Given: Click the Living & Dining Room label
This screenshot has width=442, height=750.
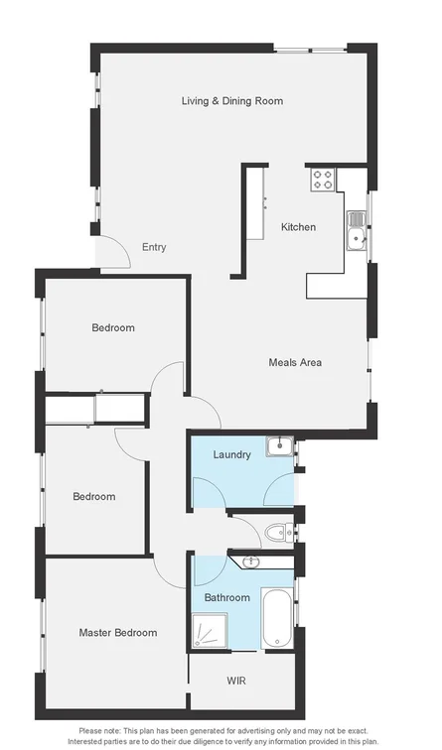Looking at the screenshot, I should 231,100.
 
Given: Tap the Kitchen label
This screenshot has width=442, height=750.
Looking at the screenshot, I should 298,227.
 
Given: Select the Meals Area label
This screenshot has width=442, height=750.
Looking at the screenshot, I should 295,362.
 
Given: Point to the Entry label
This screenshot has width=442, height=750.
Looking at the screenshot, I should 154,247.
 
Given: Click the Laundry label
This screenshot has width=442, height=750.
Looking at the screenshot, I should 231,454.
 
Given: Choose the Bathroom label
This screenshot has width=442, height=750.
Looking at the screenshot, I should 226,598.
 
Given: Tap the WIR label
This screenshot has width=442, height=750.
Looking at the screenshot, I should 237,682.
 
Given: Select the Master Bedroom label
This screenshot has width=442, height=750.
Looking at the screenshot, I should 118,632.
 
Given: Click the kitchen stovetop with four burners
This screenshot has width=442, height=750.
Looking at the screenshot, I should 323,180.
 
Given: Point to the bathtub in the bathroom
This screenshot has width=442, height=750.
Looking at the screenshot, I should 277,619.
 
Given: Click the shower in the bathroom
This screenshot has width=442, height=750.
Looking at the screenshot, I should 210,629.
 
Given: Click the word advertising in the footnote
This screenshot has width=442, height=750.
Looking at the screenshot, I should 252,731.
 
